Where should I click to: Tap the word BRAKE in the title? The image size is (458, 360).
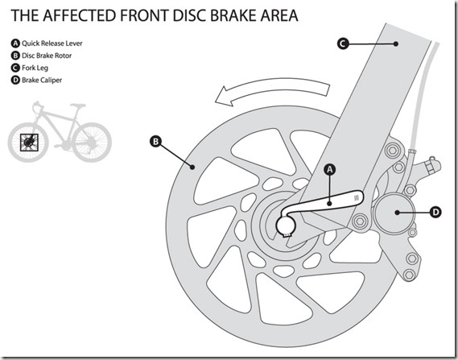click(x=233, y=15)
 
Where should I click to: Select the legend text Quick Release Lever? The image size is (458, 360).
click(x=52, y=43)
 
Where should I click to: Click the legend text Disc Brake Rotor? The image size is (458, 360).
click(x=47, y=56)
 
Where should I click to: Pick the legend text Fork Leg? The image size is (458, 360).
click(x=35, y=68)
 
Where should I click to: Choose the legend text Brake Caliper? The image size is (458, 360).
click(x=42, y=80)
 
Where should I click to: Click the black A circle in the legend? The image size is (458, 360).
click(x=15, y=43)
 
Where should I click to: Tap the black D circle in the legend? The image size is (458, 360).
click(x=15, y=80)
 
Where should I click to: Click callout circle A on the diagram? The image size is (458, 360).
click(x=330, y=169)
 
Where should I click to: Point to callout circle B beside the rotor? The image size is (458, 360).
click(x=155, y=142)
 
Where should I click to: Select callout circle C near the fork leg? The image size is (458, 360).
click(x=343, y=43)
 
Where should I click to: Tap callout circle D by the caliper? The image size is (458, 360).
click(x=435, y=212)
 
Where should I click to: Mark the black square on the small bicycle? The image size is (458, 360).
click(x=29, y=143)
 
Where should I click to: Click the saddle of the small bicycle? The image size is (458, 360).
click(x=78, y=106)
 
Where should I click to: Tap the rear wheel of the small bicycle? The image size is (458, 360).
click(x=92, y=143)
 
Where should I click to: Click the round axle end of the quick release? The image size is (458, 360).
click(x=286, y=226)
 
